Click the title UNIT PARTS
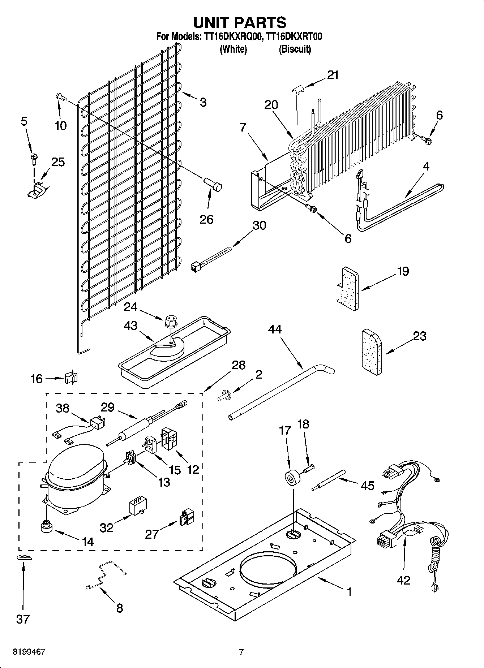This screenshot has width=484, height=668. click(240, 22)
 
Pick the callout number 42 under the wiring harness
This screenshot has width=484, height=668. click(403, 580)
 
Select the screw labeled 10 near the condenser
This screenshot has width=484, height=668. click(61, 97)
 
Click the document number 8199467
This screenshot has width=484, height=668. click(29, 652)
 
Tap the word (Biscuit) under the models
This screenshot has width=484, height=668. click(295, 49)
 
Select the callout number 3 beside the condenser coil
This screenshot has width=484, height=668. click(203, 102)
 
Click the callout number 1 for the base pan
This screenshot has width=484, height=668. click(349, 592)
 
